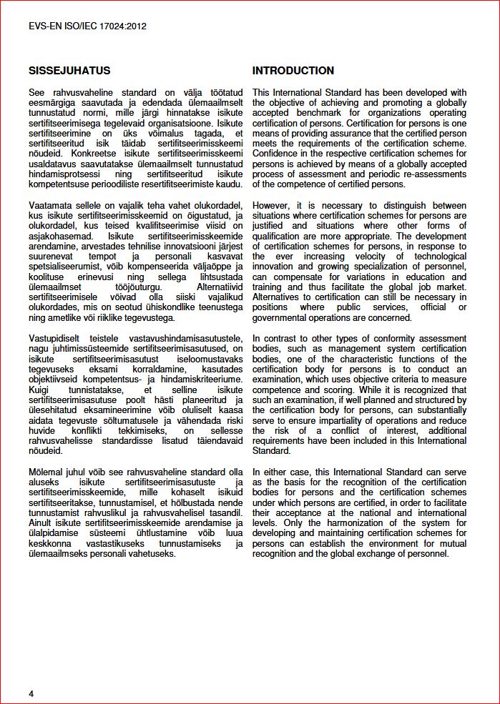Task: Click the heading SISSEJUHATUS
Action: point(69,71)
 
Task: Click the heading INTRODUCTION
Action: point(293,71)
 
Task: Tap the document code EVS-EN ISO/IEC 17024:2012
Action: point(87,26)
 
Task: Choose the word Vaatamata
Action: point(52,206)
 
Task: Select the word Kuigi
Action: point(41,390)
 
